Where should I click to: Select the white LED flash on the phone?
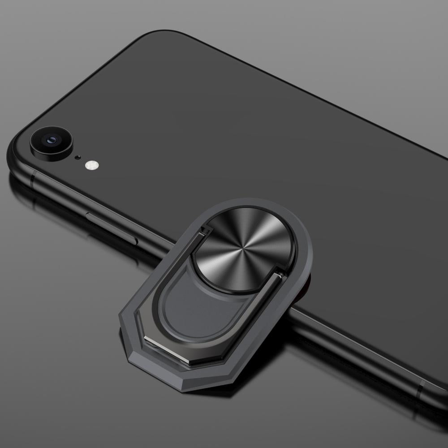91,165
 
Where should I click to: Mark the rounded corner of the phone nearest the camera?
16,143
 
